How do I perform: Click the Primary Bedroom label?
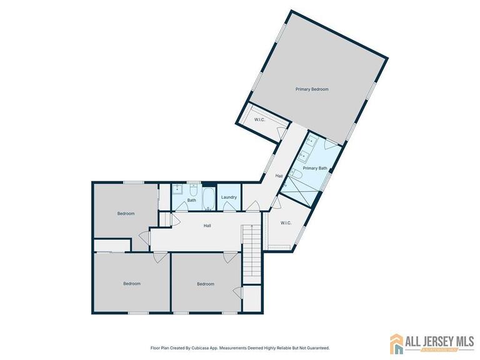point(311,89)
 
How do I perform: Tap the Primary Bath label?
point(314,168)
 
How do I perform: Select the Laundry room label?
point(229,197)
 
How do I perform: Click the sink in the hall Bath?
point(177,188)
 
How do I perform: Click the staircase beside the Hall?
point(250,245)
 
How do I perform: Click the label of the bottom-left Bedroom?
point(131,284)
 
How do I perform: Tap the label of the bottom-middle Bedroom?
point(206,284)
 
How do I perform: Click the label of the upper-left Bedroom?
point(126,214)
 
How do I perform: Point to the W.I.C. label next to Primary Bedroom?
point(260,119)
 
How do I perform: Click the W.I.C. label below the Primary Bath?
point(286,222)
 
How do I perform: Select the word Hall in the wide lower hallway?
point(207,226)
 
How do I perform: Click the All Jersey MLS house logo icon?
point(396,344)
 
